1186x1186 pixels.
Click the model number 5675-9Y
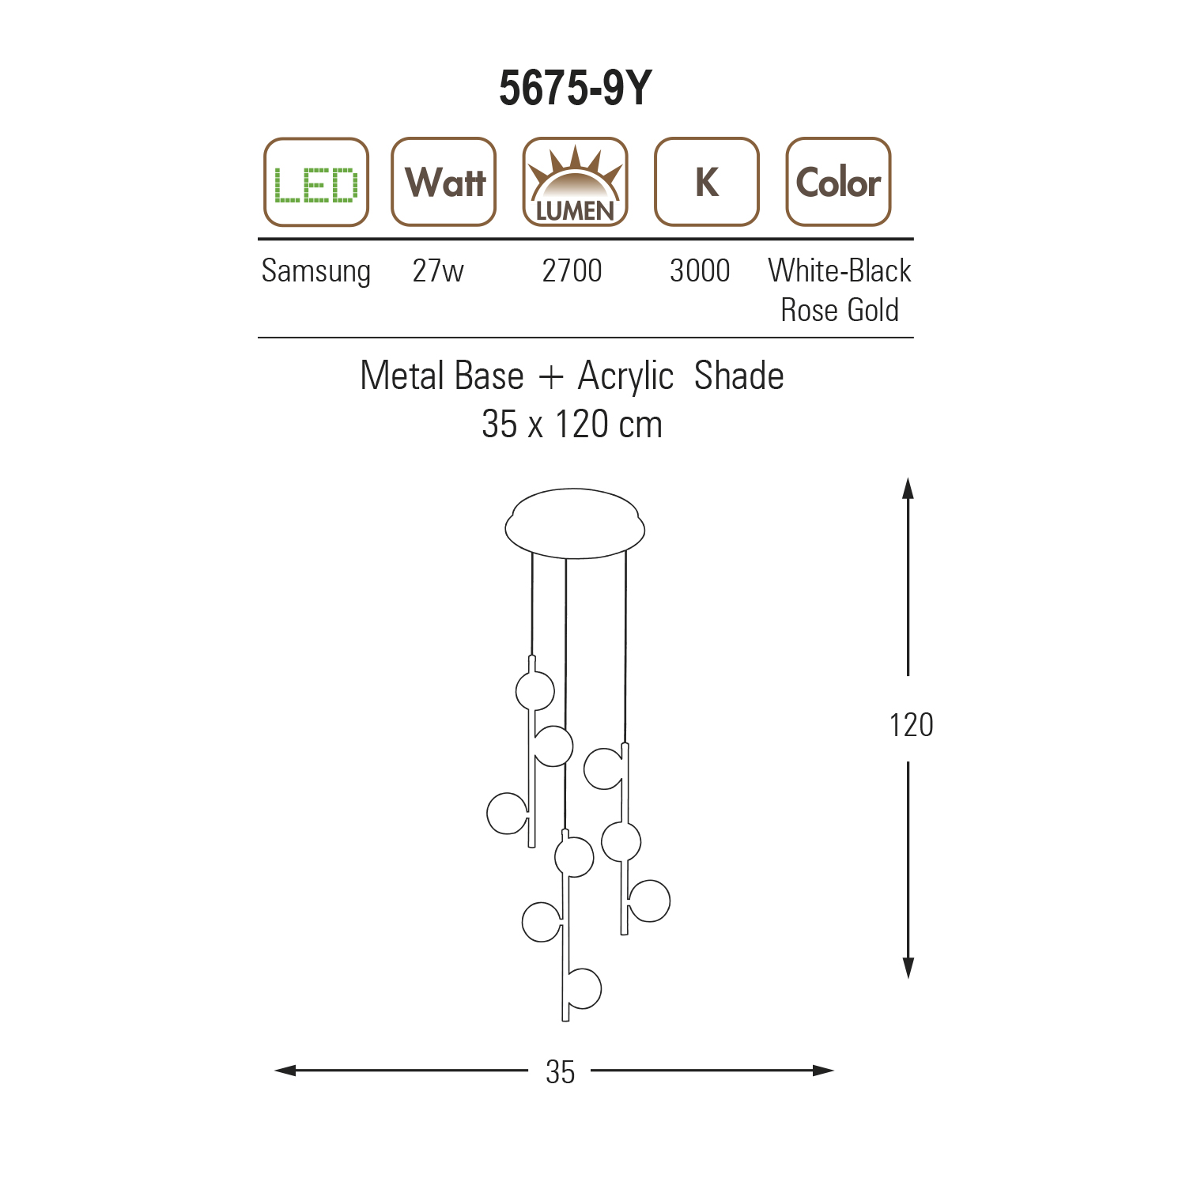575,88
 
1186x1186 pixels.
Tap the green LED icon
316,183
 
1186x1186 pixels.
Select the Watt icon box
444,183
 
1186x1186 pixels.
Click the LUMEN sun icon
575,183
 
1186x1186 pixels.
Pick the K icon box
707,183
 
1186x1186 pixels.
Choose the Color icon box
838,183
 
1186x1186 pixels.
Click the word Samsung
316,271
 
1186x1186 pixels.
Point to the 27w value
438,270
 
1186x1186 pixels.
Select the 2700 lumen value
572,270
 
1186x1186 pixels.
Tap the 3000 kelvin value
700,270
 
